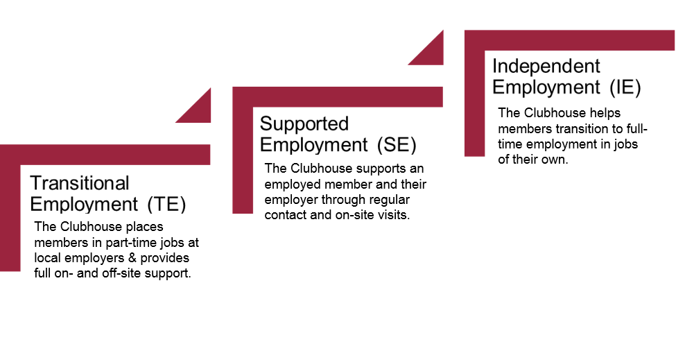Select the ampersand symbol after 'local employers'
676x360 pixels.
tap(123, 258)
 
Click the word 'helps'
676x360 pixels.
tap(606, 113)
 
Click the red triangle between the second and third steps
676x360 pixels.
tap(431, 50)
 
